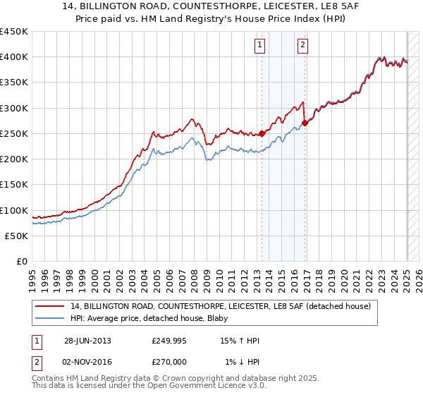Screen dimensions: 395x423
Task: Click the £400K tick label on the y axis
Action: pyautogui.click(x=14, y=57)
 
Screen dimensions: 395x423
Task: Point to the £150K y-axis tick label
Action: pyautogui.click(x=14, y=185)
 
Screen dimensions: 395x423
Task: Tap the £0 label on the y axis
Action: pyautogui.click(x=21, y=262)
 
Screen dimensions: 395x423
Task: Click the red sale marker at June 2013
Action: pyautogui.click(x=262, y=133)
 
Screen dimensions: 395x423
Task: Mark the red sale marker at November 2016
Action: pyautogui.click(x=305, y=123)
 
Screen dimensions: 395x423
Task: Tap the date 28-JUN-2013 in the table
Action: pyautogui.click(x=87, y=341)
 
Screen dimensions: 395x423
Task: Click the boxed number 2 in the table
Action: pyautogui.click(x=36, y=362)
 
